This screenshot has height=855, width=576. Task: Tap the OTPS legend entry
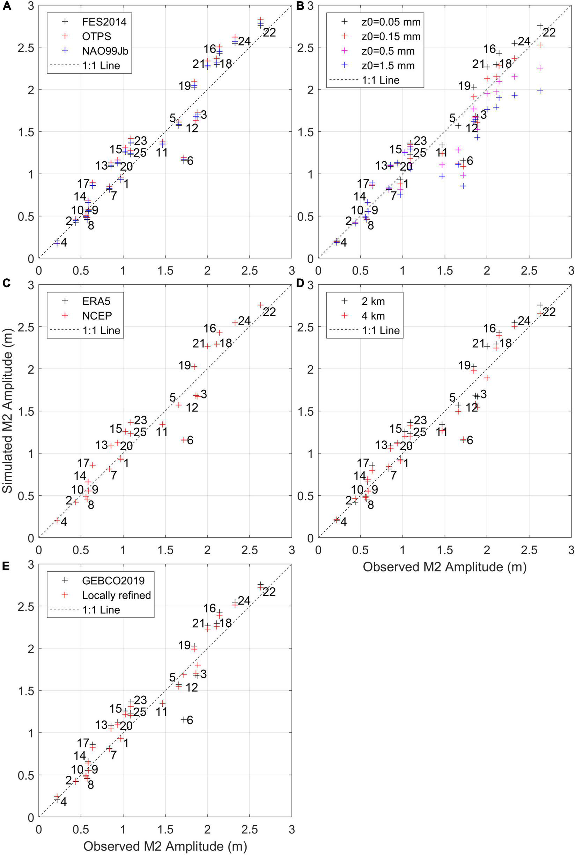pos(96,36)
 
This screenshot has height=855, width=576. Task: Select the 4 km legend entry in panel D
pos(372,316)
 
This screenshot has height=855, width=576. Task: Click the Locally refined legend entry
pos(117,595)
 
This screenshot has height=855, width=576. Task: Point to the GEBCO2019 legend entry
pos(113,580)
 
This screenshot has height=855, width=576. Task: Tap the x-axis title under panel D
pos(444,567)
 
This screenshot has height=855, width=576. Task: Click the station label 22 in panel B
pos(549,33)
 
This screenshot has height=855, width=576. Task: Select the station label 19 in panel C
pos(184,366)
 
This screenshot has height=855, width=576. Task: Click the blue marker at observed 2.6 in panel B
pos(540,91)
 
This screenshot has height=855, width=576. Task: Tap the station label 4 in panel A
pos(64,242)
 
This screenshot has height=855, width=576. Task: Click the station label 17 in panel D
pos(363,463)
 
